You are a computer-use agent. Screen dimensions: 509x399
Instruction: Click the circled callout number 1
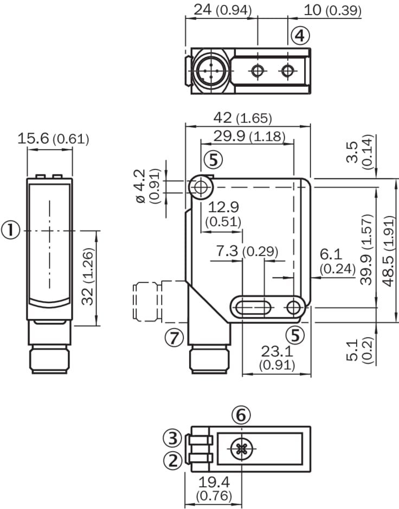(11, 230)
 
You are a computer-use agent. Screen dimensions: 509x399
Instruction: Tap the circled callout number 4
(300, 36)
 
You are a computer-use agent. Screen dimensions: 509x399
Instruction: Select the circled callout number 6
(241, 415)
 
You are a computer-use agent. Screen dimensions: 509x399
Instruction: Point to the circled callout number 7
(173, 337)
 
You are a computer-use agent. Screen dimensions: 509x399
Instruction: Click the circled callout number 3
(173, 438)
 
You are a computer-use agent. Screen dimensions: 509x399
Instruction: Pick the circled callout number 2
(173, 461)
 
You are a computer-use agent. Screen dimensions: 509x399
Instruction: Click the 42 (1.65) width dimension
(244, 118)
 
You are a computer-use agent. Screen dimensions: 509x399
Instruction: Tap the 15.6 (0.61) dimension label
(53, 139)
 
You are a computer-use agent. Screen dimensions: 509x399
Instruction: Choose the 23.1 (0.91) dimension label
(276, 358)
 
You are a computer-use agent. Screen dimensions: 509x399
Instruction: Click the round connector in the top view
(209, 70)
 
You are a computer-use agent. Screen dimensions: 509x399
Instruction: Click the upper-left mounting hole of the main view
(201, 187)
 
